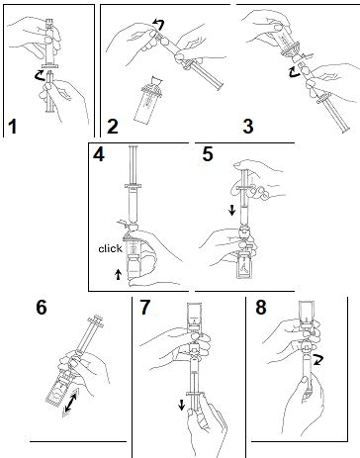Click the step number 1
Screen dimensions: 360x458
click(13, 127)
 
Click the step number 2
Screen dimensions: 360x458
click(113, 127)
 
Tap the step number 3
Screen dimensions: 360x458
click(248, 127)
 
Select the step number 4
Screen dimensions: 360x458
click(99, 154)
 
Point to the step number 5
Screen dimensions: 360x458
click(208, 154)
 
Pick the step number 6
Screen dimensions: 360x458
click(42, 308)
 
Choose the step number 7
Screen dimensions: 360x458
click(144, 308)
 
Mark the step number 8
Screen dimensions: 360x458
click(261, 308)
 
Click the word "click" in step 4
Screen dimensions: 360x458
click(110, 248)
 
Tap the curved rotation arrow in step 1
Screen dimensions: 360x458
click(40, 76)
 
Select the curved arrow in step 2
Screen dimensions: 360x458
click(158, 24)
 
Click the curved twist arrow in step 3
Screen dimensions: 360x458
click(293, 72)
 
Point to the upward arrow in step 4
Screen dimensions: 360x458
click(119, 274)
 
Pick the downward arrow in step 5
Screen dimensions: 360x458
click(232, 210)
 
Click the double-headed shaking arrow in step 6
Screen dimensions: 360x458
click(71, 400)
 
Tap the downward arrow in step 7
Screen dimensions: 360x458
click(181, 405)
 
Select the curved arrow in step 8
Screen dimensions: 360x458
click(318, 360)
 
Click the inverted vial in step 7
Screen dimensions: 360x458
click(195, 316)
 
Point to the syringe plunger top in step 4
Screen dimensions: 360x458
click(134, 146)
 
